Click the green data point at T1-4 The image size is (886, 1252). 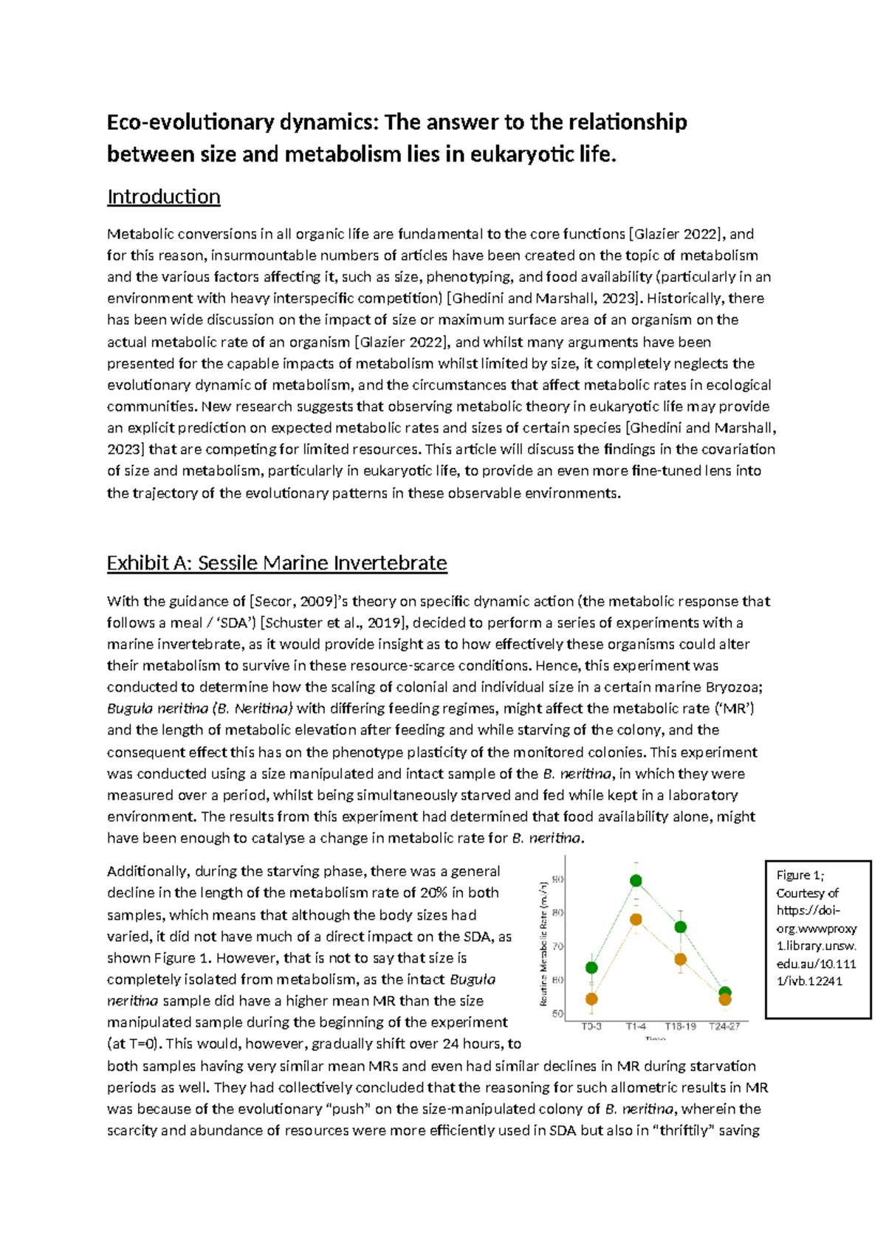click(x=636, y=881)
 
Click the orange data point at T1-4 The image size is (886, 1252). click(x=636, y=920)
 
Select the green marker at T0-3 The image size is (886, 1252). click(x=591, y=967)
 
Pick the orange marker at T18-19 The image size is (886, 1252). click(x=681, y=960)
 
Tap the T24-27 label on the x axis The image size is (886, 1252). click(x=724, y=1026)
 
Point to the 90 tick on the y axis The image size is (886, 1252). click(x=558, y=879)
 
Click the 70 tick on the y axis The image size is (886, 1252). click(x=558, y=946)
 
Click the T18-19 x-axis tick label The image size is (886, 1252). click(x=680, y=1026)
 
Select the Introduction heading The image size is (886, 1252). click(x=163, y=196)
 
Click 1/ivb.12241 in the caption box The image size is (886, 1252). click(x=809, y=982)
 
